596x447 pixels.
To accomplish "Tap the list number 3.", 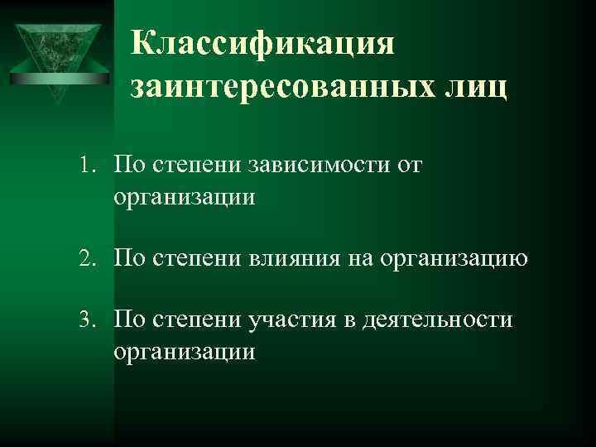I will click(x=90, y=320).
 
